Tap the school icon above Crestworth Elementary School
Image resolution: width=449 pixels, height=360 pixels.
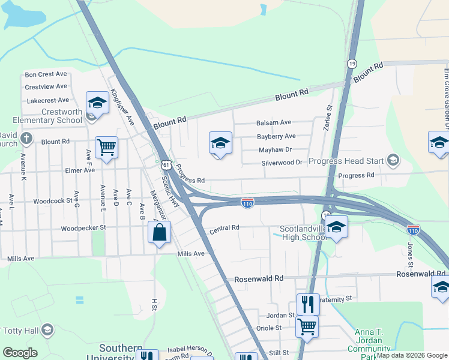tap(96, 103)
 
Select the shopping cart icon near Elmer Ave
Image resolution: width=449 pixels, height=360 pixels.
tap(106, 146)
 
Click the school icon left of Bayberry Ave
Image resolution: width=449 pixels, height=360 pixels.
tap(220, 143)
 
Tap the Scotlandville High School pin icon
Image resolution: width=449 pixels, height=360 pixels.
tap(337, 227)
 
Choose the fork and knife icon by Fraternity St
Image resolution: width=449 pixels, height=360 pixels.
tap(308, 304)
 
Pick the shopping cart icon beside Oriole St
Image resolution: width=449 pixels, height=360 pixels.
tap(307, 327)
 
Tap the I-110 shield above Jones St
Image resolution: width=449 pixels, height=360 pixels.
tap(412, 230)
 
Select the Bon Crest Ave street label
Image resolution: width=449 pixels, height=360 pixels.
tap(46, 75)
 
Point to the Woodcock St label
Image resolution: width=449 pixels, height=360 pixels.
tap(53, 202)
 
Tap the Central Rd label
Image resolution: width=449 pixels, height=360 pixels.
tap(224, 228)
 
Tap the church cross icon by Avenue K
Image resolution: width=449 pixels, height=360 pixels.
tap(25, 139)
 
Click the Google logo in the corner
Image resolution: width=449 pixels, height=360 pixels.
tap(20, 353)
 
